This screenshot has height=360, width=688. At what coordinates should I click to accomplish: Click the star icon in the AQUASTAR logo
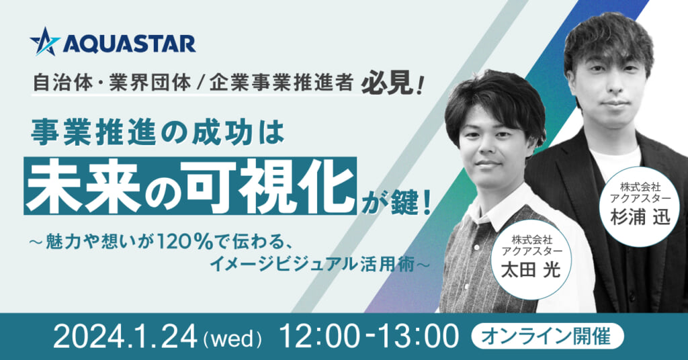click(x=44, y=42)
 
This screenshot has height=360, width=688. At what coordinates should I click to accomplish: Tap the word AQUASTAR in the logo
click(x=130, y=44)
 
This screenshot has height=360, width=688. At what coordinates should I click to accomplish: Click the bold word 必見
click(x=388, y=83)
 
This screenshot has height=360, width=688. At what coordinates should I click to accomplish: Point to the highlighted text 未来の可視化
click(x=190, y=185)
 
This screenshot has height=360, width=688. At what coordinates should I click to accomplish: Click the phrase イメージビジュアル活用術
click(x=312, y=264)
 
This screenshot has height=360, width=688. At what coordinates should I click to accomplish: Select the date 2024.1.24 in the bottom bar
click(x=124, y=338)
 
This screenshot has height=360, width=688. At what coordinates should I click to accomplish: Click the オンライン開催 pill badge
click(x=547, y=337)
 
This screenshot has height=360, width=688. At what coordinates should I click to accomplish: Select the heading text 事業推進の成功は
click(x=157, y=133)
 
